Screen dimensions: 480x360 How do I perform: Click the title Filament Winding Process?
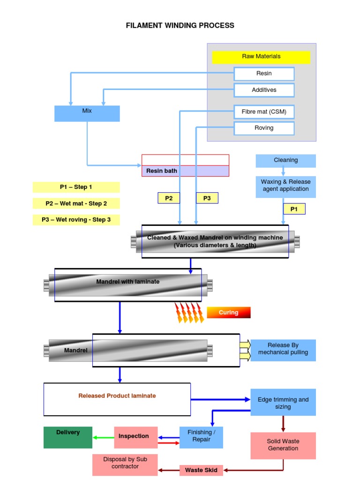[180, 25]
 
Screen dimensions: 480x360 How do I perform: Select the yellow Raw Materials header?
[261, 57]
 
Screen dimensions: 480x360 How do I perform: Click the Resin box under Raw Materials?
[264, 74]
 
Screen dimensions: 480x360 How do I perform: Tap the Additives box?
[264, 90]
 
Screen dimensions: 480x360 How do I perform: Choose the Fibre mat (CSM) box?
[264, 112]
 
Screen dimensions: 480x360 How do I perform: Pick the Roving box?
[264, 128]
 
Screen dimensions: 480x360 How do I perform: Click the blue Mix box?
[87, 113]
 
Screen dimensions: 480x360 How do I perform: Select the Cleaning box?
[285, 160]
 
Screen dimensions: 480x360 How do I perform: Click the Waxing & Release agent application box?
[285, 186]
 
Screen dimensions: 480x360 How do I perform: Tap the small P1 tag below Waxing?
[294, 209]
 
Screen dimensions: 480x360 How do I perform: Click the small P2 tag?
[169, 198]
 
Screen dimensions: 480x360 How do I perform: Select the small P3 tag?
[207, 198]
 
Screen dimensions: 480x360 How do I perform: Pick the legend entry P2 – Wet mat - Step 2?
[76, 203]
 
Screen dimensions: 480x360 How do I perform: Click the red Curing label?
[228, 313]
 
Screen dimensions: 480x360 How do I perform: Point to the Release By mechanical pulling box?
[283, 350]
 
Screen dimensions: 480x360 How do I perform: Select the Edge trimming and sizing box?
[283, 403]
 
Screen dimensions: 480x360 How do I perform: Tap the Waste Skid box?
[201, 470]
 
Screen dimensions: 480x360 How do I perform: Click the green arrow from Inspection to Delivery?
[103, 437]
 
